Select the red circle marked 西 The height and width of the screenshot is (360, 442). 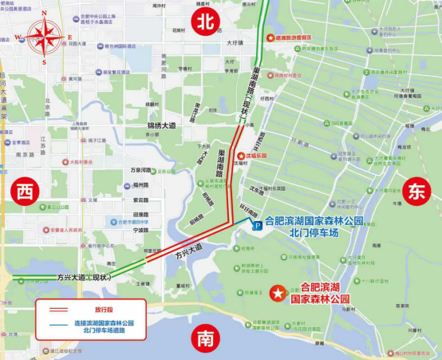(26, 192)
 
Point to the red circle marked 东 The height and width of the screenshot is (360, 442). (416, 192)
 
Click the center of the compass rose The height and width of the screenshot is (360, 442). (44, 37)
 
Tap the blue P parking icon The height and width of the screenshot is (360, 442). (257, 227)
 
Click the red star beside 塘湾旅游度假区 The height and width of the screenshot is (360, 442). (270, 38)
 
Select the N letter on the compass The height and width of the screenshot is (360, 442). (44, 14)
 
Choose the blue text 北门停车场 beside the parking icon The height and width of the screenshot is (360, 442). (307, 232)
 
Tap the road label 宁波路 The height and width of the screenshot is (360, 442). (140, 230)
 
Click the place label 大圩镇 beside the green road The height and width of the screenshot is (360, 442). (235, 44)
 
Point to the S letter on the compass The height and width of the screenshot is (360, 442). (44, 61)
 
